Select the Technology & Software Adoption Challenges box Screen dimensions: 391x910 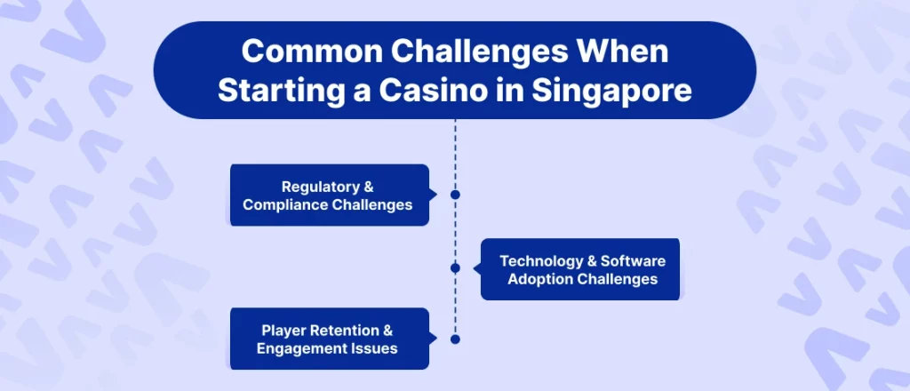580,269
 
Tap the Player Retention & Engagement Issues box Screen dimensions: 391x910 329,339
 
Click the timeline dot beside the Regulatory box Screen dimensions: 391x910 455,194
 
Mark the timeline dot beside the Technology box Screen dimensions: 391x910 455,267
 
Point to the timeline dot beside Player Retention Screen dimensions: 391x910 455,339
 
